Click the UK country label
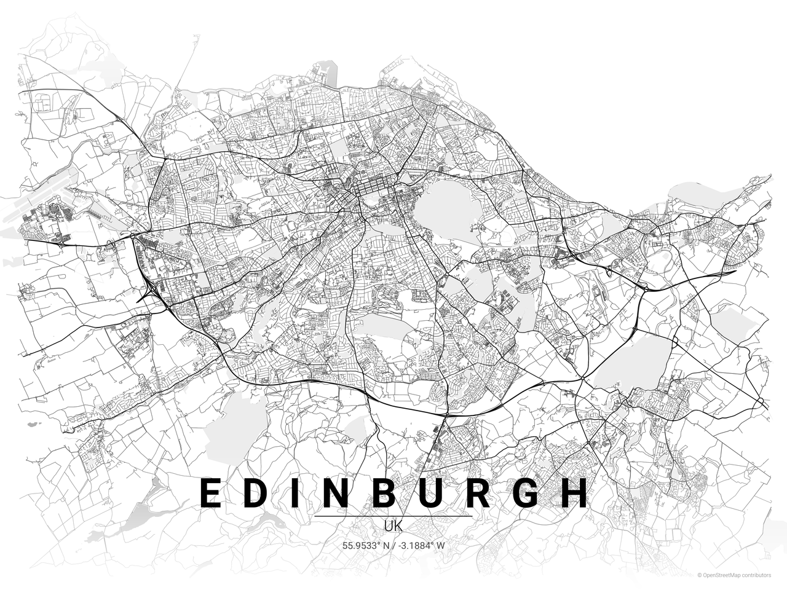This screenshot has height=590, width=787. (x=393, y=527)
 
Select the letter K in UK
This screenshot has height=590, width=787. (x=398, y=527)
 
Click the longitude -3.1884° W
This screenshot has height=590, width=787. (x=421, y=545)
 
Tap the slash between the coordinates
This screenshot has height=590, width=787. (x=393, y=545)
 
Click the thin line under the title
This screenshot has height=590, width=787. (x=393, y=516)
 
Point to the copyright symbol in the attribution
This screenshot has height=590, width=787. (x=700, y=575)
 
